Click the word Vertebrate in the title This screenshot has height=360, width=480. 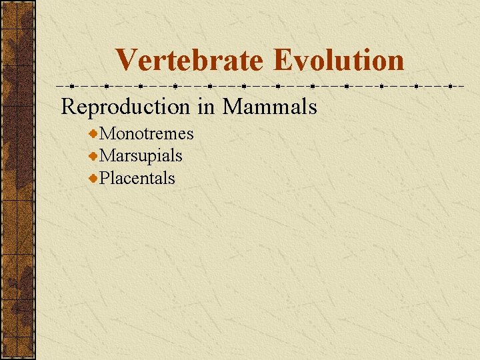click(x=190, y=60)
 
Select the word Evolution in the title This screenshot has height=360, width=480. click(x=338, y=60)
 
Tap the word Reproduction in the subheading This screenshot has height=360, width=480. click(x=125, y=106)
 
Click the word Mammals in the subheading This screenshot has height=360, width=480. click(x=269, y=106)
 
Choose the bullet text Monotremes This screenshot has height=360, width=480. click(x=147, y=134)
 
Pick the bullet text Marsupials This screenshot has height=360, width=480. click(x=141, y=156)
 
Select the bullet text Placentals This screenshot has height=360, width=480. click(x=137, y=178)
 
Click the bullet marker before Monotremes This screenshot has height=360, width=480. click(x=94, y=135)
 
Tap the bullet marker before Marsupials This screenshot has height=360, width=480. click(x=94, y=157)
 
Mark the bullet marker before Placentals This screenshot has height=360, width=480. click(x=94, y=179)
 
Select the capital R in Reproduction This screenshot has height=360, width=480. click(x=69, y=106)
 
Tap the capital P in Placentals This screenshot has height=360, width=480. click(x=105, y=178)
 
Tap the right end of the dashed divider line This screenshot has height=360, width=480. click(x=463, y=86)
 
